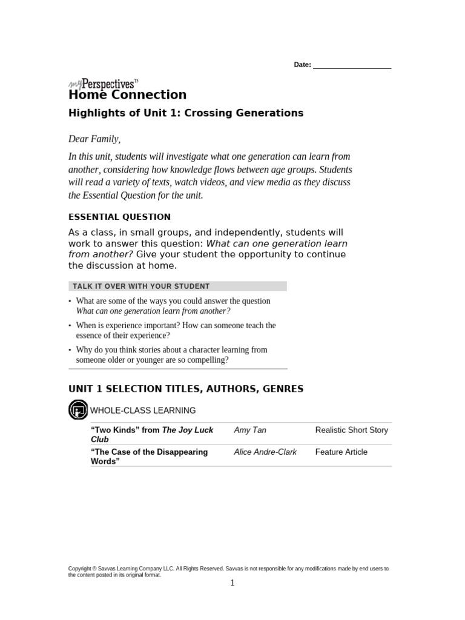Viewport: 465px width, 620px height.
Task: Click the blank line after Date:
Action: tap(352, 66)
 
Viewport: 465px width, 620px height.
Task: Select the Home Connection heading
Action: tap(127, 95)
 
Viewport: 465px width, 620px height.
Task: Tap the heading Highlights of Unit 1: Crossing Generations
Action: tap(185, 113)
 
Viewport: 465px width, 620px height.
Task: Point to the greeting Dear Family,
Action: tap(94, 139)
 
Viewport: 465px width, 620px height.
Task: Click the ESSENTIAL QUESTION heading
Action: tap(119, 217)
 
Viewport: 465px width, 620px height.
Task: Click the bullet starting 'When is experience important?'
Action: tap(176, 330)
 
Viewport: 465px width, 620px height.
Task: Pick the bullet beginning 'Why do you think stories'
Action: tap(171, 354)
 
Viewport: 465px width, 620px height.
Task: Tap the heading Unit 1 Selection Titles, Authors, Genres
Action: tap(186, 389)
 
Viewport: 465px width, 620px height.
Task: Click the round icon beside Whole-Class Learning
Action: tap(78, 411)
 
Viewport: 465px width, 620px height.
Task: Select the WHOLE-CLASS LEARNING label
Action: tap(143, 411)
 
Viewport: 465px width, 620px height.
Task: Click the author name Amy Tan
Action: tap(249, 430)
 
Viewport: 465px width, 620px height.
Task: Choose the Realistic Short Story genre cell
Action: tap(351, 430)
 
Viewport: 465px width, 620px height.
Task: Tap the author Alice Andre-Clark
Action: tap(265, 452)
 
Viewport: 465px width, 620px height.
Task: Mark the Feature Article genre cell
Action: tap(341, 452)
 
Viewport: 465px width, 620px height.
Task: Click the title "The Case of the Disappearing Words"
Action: tap(149, 457)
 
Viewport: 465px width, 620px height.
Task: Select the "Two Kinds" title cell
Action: tap(151, 435)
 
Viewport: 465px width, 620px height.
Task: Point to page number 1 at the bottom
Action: tap(232, 583)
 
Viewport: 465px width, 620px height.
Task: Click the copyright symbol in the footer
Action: tap(94, 569)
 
